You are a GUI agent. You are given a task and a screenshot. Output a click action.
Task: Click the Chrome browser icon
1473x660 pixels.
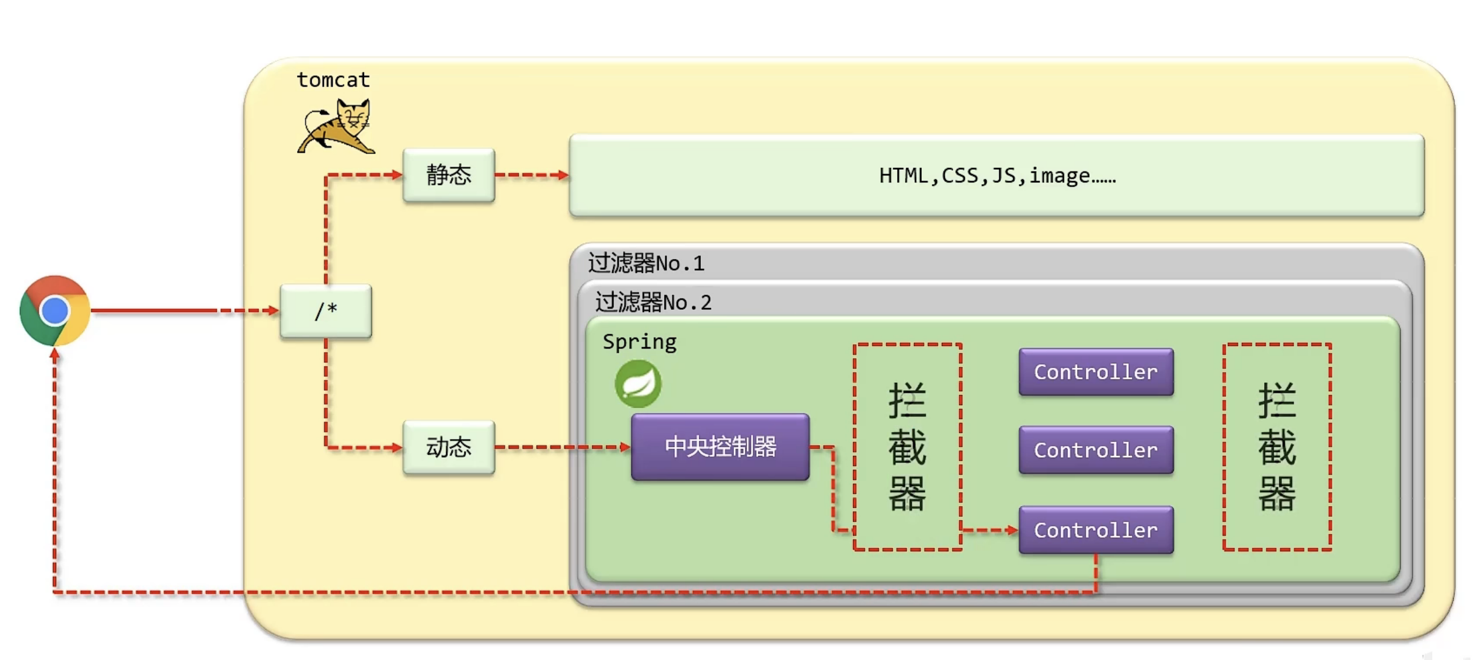coord(55,310)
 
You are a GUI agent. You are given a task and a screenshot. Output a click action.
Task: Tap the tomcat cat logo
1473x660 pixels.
coord(336,126)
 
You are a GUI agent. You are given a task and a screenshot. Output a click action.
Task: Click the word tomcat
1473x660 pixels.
coord(333,80)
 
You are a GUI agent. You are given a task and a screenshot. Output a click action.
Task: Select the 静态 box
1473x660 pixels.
coord(449,175)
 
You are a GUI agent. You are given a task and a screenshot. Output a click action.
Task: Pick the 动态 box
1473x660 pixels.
coord(449,447)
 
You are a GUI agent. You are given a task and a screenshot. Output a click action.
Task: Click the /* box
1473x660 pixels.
coord(326,311)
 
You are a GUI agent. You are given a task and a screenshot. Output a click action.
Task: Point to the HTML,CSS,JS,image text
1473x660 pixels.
coord(997,176)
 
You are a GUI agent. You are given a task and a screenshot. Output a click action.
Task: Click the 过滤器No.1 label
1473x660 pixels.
coord(647,263)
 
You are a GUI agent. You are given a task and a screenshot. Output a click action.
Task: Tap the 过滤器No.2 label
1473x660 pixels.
coord(654,302)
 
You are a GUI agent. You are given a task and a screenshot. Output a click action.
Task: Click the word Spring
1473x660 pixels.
coord(640,342)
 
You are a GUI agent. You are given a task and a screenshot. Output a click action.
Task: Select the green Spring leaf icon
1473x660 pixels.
coord(638,383)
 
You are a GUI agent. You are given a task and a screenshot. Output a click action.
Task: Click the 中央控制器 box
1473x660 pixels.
coord(720,447)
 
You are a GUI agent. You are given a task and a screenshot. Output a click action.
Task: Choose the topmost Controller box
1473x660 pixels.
coord(1096,372)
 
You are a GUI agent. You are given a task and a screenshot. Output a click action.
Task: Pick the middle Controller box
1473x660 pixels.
coord(1096,450)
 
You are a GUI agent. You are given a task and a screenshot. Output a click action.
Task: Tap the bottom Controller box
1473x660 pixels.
coord(1096,530)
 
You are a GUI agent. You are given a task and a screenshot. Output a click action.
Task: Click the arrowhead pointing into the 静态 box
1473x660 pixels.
coord(397,175)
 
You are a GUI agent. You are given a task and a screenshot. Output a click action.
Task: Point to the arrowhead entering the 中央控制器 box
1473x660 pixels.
coord(625,447)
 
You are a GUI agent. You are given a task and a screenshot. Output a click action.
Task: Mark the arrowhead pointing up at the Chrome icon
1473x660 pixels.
coord(55,354)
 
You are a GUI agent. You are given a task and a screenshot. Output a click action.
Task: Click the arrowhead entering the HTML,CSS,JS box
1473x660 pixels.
coord(563,175)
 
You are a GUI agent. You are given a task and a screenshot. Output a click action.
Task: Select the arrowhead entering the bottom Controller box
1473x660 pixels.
coord(1012,530)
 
